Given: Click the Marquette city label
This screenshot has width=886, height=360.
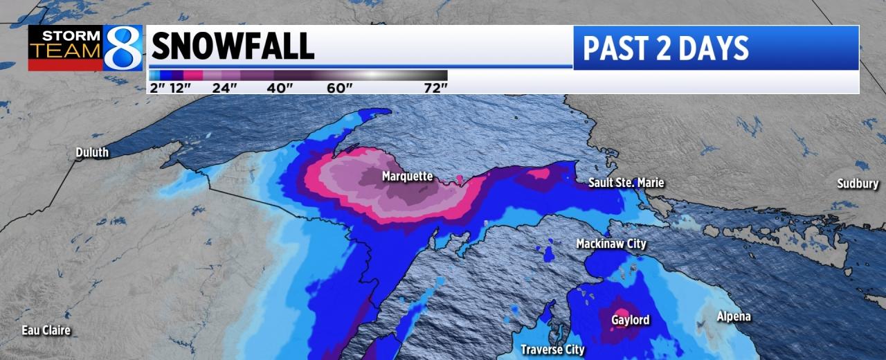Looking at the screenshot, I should [x=407, y=177].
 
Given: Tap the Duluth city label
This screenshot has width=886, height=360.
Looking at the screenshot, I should [x=92, y=152].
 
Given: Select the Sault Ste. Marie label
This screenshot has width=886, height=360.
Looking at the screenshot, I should [x=626, y=183].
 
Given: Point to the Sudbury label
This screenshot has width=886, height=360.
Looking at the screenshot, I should [x=858, y=183].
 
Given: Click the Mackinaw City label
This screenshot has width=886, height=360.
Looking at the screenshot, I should [x=611, y=244].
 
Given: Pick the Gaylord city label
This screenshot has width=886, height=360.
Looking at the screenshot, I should [x=630, y=320].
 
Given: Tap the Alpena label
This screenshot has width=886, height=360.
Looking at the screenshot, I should [x=733, y=316].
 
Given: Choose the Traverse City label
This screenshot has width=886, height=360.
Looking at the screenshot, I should [x=552, y=350].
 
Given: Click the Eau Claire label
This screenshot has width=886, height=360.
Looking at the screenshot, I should [x=46, y=330].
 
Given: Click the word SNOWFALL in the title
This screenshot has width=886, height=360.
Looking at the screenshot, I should [x=233, y=47].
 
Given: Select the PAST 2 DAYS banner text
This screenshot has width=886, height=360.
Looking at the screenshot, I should [x=665, y=48].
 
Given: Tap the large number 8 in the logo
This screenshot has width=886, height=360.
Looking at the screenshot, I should [x=123, y=48].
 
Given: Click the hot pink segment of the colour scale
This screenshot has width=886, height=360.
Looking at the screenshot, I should [x=193, y=75].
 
